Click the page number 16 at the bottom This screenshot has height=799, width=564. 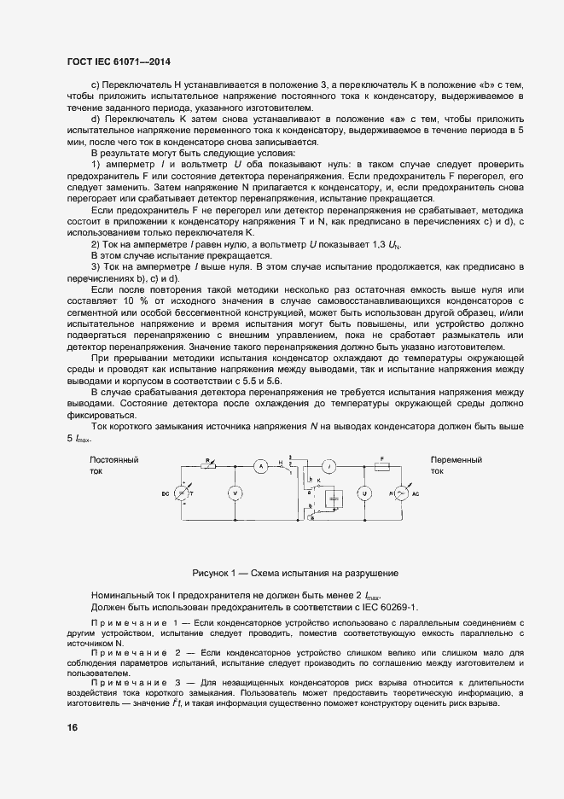click(71, 727)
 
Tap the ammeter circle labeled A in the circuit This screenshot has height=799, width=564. click(264, 465)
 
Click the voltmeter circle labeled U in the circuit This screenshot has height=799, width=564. click(361, 493)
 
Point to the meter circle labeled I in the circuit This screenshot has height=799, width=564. click(328, 466)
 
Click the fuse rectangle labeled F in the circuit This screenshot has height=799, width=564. click(383, 466)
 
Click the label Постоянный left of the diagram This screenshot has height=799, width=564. click(113, 460)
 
